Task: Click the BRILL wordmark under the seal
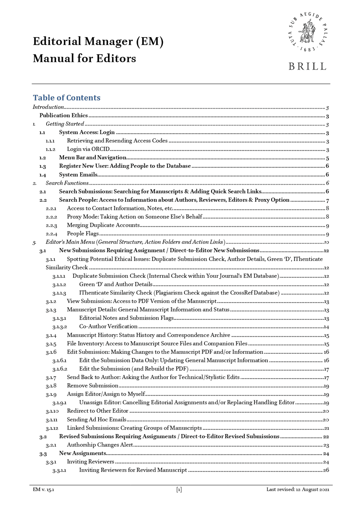[x=307, y=67]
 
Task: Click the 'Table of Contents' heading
[x=67, y=98]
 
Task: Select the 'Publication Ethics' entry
[x=64, y=115]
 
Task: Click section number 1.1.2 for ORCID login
[x=51, y=150]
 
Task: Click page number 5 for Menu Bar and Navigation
[x=327, y=158]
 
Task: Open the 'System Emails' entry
[x=78, y=175]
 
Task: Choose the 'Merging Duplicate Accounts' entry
[x=103, y=225]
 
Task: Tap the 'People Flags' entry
[x=83, y=234]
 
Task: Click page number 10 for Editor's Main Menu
[x=326, y=242]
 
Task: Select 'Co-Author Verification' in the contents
[x=108, y=326]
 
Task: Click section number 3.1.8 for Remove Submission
[x=51, y=386]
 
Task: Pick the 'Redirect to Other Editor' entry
[x=97, y=411]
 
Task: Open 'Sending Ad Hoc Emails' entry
[x=96, y=419]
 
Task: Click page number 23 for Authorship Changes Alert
[x=326, y=445]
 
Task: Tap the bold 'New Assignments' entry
[x=82, y=453]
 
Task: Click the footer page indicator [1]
[x=179, y=489]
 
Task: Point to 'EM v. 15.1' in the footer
[x=44, y=489]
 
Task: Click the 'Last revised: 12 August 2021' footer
[x=298, y=489]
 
